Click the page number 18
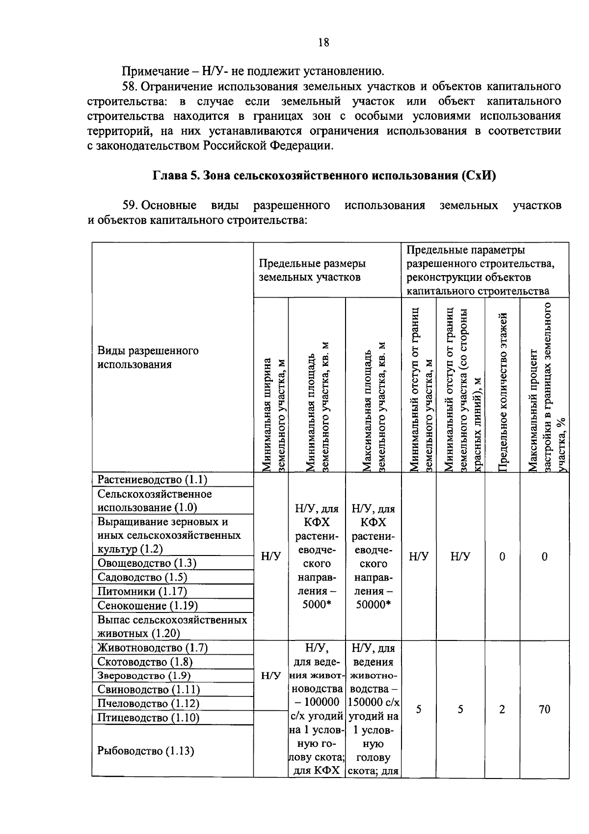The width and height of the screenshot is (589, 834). [x=323, y=42]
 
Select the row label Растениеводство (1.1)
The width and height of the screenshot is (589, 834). [x=152, y=479]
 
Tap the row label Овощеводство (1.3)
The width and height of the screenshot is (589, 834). [x=147, y=563]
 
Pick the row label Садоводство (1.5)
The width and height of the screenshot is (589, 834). [x=142, y=577]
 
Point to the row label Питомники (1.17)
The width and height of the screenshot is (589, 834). [x=142, y=591]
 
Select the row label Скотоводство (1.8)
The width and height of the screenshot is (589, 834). [x=145, y=662]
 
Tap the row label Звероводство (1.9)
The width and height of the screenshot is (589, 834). [x=144, y=676]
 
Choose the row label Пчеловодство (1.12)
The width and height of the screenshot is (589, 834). [x=148, y=704]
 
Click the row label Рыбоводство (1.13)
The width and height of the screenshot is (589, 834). [x=146, y=751]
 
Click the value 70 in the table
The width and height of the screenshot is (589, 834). [x=544, y=709]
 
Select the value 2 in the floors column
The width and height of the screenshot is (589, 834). [x=502, y=709]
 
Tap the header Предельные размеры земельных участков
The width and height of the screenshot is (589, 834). [x=312, y=270]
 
